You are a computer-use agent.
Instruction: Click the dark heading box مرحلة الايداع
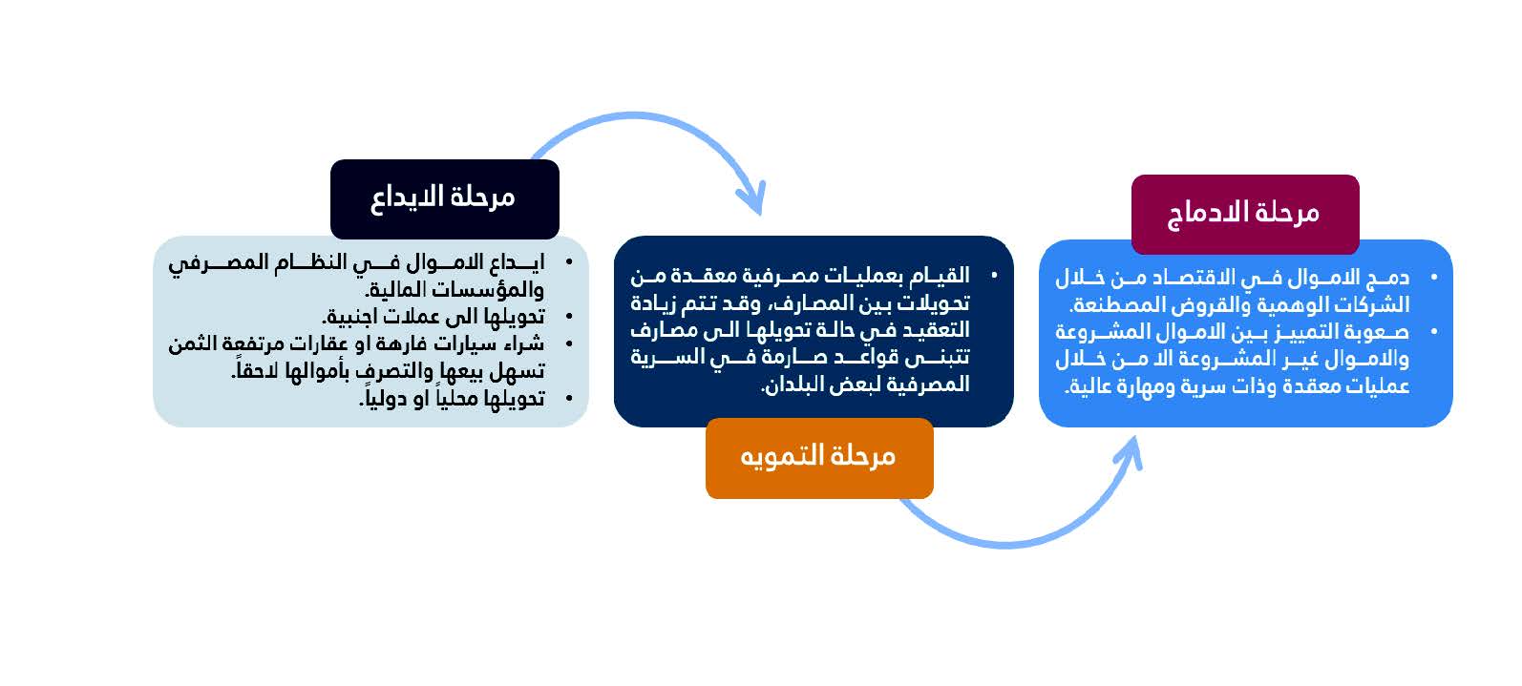[x=445, y=199]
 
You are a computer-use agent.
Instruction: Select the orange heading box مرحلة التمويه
[x=819, y=458]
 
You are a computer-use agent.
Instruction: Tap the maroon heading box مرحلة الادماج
[x=1245, y=214]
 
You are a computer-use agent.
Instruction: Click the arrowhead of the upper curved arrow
[x=752, y=199]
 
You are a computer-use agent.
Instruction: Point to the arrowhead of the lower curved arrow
[x=1130, y=452]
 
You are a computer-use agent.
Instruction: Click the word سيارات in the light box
[x=469, y=343]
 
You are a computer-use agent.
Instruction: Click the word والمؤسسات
[x=487, y=290]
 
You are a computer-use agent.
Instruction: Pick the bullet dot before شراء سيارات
[x=569, y=343]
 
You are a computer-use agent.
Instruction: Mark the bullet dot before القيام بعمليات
[x=994, y=276]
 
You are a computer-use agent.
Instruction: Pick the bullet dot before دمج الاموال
[x=1434, y=278]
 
